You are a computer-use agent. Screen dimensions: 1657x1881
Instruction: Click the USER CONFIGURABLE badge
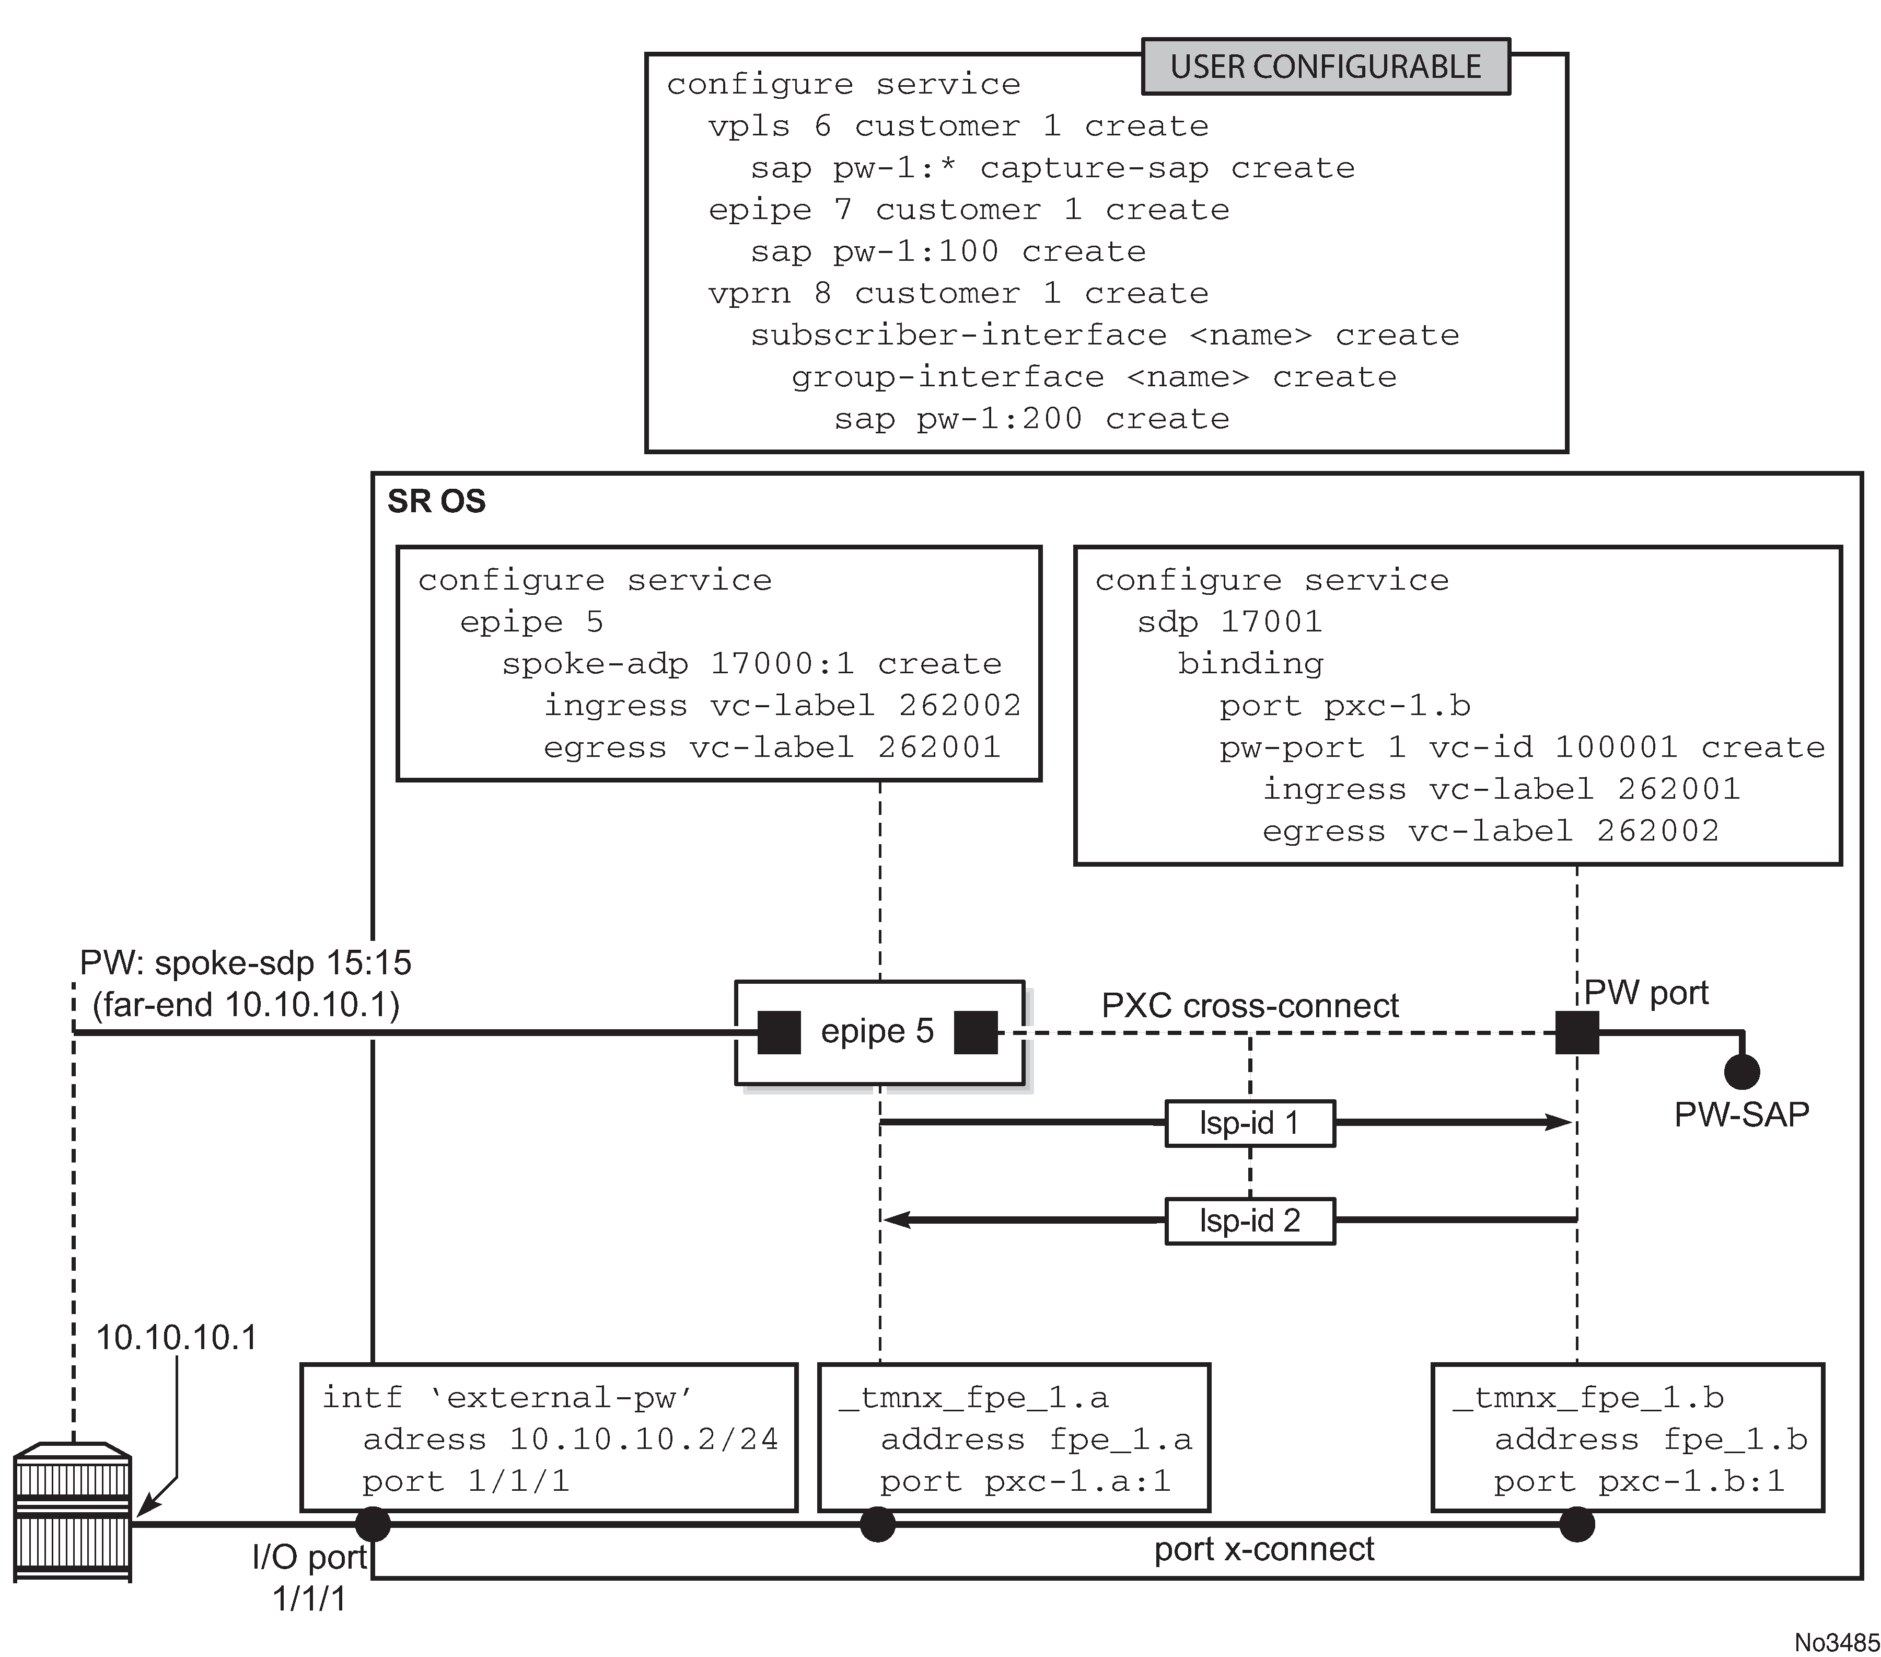coord(1325,66)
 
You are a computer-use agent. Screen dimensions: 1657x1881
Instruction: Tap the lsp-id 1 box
coord(1249,1123)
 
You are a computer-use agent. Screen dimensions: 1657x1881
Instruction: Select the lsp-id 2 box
coord(1249,1221)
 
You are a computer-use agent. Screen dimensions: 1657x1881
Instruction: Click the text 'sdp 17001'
coord(1229,623)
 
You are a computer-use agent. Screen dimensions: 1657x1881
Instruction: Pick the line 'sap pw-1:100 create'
coord(948,251)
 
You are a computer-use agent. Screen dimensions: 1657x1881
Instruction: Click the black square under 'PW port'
coord(1576,1032)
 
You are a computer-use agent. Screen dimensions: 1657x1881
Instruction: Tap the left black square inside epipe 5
coord(779,1032)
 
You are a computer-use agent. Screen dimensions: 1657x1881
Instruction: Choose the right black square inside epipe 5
coord(976,1032)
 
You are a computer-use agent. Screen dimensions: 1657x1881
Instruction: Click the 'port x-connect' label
coord(1263,1549)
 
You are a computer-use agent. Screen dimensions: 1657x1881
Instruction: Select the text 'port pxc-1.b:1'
coord(1638,1481)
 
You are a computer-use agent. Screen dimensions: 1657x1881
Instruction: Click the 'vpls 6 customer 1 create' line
coord(957,126)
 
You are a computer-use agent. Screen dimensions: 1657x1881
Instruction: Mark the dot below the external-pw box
coord(373,1524)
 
